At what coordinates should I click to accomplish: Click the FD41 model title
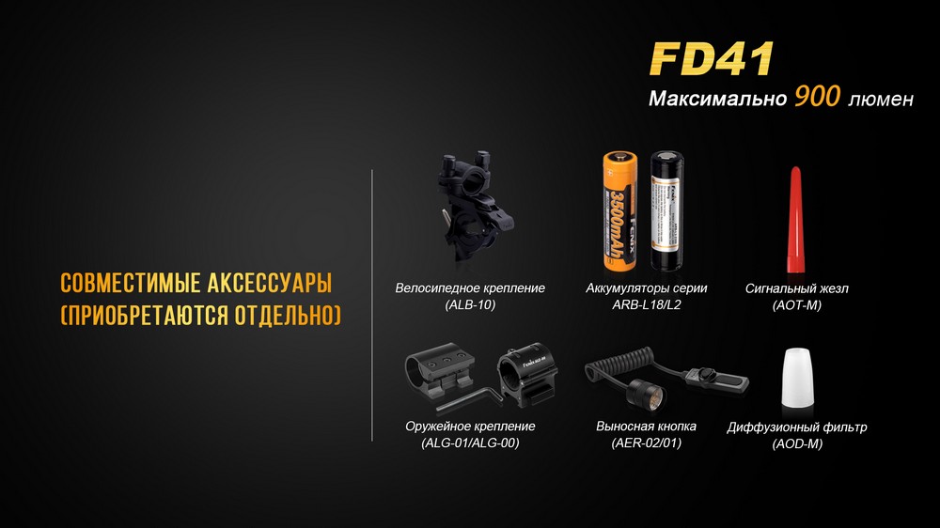click(x=711, y=57)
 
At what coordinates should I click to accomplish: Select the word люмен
click(x=880, y=99)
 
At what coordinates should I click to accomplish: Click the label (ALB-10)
click(x=470, y=305)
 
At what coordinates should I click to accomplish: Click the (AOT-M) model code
click(x=796, y=305)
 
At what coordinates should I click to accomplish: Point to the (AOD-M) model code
click(x=796, y=443)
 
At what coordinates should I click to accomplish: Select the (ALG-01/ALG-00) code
click(x=470, y=443)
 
